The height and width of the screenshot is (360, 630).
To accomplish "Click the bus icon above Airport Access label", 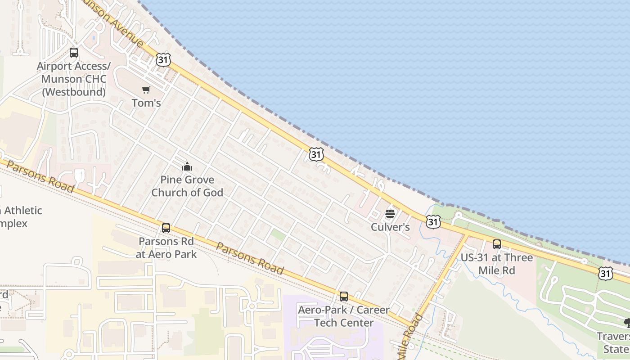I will coord(74,53).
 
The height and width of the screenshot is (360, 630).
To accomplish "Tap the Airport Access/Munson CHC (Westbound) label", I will coord(73,79).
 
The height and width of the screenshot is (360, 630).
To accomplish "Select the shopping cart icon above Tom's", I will coord(146,90).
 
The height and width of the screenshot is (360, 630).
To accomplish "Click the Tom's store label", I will coord(146,103).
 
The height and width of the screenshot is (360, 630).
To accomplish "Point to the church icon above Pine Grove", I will coord(187,167).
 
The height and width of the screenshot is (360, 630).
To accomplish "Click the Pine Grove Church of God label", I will coord(187,186).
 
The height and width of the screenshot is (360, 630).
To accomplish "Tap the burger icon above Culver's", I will coord(390,214).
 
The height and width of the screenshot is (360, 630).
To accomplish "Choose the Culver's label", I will coord(390,227).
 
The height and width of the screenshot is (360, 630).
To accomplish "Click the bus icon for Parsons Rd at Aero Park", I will coord(166,228).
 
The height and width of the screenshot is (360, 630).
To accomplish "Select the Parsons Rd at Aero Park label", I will coord(167,247).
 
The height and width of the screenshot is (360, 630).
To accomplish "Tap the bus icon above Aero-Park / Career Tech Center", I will coord(344,297).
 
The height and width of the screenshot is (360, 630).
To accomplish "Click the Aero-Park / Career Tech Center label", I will coord(344,316).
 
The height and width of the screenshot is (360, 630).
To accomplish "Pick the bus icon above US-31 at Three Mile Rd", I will coord(497,244).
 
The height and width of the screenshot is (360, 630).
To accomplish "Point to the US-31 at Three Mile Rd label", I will coord(497,264).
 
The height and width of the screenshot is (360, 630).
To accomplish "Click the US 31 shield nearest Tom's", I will coord(163,60).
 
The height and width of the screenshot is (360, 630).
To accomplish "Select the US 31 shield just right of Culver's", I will coord(433,221).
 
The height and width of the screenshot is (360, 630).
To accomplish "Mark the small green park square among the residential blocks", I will coord(278,234).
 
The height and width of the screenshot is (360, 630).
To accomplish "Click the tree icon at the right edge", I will coord(626,323).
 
